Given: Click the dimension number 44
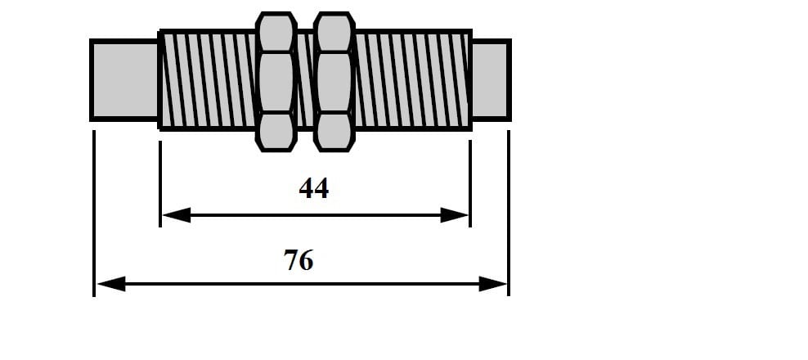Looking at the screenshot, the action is (313, 188).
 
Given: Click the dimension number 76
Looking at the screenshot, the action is (299, 260).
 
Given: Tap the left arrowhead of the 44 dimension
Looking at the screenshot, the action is (177, 215).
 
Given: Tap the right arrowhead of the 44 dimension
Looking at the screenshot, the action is (454, 215).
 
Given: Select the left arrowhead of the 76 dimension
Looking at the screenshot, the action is (111, 284).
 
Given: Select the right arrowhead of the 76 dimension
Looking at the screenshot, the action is (492, 284).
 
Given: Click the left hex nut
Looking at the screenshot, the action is (276, 82).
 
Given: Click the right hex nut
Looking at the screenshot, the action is (334, 82).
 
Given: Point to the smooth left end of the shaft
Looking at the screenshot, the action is (124, 80).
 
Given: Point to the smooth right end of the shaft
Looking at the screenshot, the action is (491, 80).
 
